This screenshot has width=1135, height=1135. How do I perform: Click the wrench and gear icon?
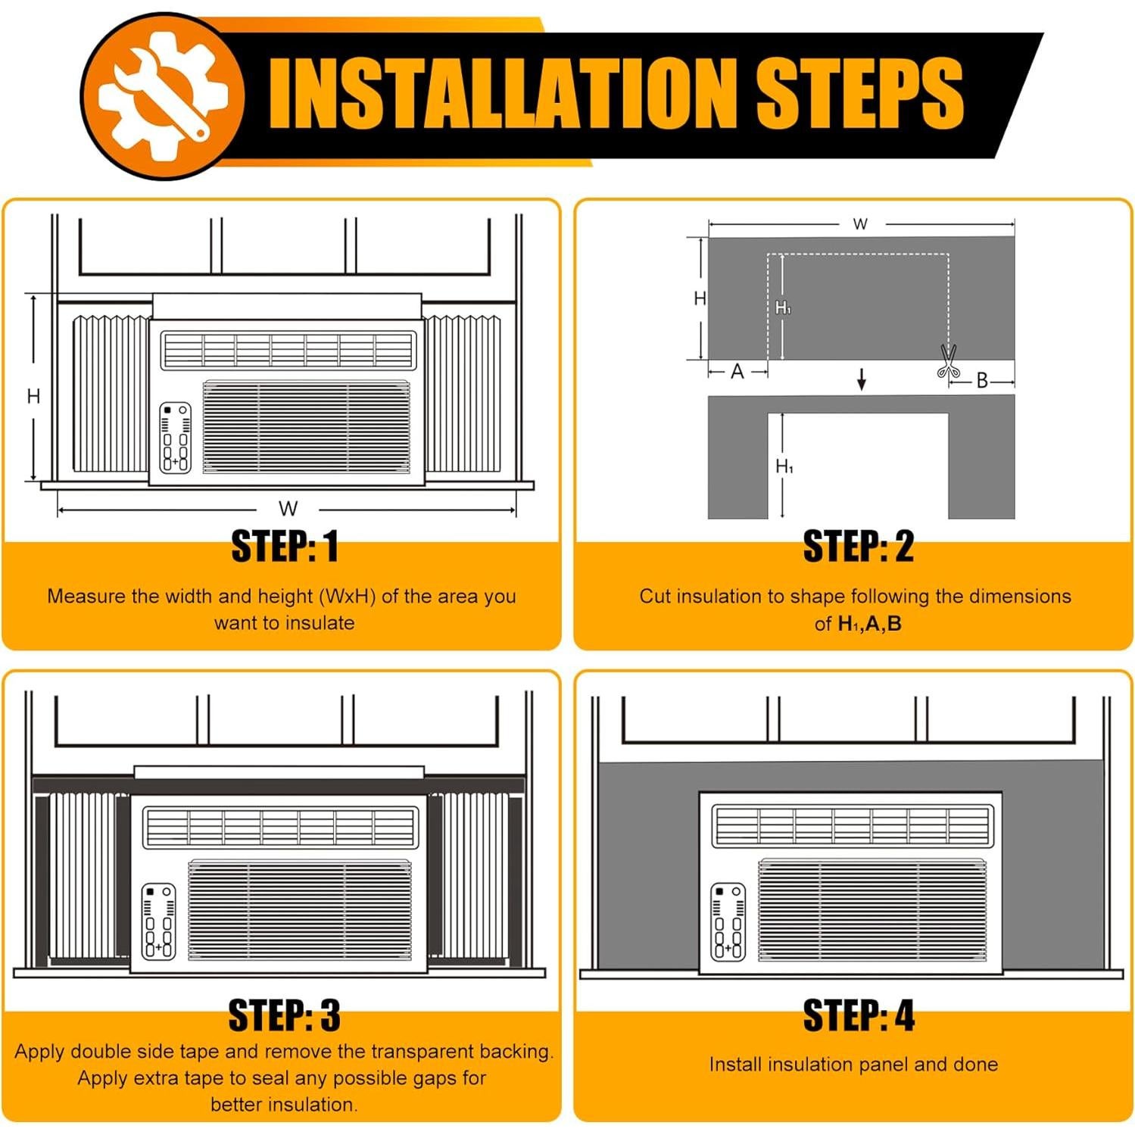click(164, 96)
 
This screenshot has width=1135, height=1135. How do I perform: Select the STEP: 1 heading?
click(285, 547)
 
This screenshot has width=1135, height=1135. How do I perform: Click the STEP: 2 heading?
click(859, 547)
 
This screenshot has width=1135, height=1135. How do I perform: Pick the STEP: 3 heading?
click(285, 1015)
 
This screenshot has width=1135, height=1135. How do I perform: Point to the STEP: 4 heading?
click(859, 1015)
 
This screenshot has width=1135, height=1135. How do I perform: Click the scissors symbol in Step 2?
click(947, 361)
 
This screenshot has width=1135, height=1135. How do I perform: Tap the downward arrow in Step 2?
click(861, 379)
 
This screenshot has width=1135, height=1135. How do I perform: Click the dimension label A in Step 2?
click(737, 372)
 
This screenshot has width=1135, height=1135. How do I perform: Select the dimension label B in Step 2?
click(982, 380)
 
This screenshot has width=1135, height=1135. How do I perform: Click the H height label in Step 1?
click(33, 396)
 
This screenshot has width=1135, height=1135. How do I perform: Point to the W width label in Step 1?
click(288, 509)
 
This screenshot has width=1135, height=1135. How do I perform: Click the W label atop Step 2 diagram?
click(860, 224)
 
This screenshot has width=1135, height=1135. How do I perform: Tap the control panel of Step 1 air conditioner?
click(175, 438)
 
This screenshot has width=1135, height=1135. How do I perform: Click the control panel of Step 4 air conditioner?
click(727, 922)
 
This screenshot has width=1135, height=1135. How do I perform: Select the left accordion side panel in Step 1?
click(111, 394)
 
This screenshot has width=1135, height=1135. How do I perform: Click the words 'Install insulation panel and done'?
click(853, 1065)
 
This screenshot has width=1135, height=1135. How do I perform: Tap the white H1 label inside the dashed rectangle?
click(784, 307)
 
